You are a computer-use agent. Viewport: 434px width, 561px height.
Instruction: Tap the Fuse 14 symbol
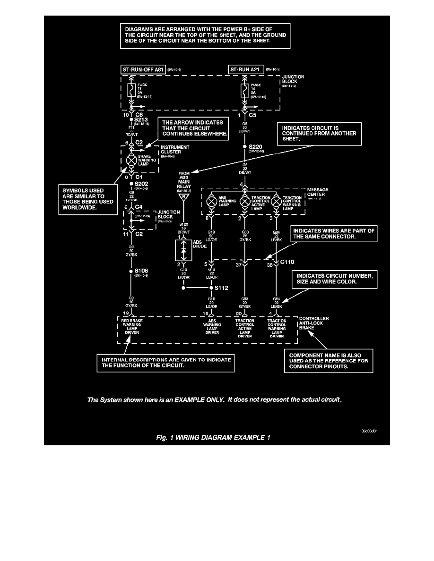pyautogui.click(x=244, y=89)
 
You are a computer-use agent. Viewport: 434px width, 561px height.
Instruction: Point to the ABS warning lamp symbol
pyautogui.click(x=212, y=201)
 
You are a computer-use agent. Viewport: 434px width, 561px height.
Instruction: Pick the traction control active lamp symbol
pyautogui.click(x=244, y=201)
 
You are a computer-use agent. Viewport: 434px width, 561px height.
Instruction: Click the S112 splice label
pyautogui.click(x=221, y=287)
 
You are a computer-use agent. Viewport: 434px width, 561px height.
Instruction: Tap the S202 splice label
pyautogui.click(x=141, y=183)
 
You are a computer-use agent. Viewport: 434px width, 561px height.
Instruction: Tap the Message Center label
pyautogui.click(x=317, y=193)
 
